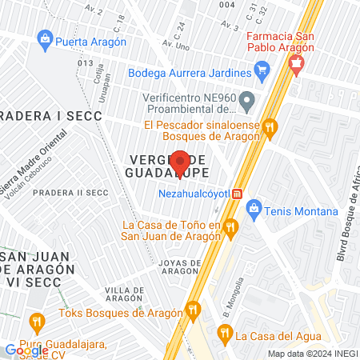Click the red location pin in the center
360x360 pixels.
tap(182, 163)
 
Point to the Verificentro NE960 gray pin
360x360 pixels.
tap(247, 102)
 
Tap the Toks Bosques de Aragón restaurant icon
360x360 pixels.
tap(192, 310)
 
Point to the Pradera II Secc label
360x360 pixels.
tap(70, 192)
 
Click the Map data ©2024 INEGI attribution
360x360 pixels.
tap(311, 354)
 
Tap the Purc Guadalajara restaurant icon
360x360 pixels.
tap(36, 323)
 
